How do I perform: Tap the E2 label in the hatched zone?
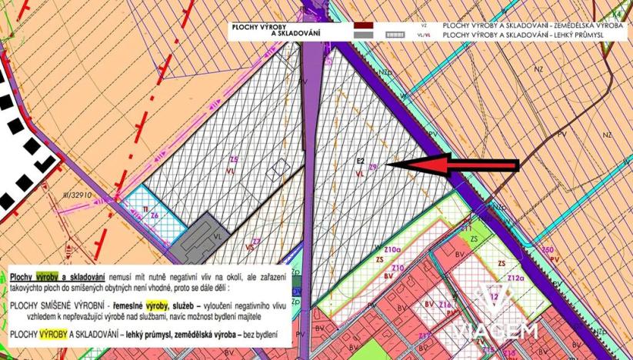pos(359,161)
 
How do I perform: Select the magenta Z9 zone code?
pos(374,166)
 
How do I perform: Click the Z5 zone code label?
pos(234,159)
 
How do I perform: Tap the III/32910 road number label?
pos(77,195)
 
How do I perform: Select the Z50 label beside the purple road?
pos(548,250)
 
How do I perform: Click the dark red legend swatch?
pos(364,25)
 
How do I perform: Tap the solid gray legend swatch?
pos(364,35)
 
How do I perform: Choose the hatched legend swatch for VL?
pos(395,35)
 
